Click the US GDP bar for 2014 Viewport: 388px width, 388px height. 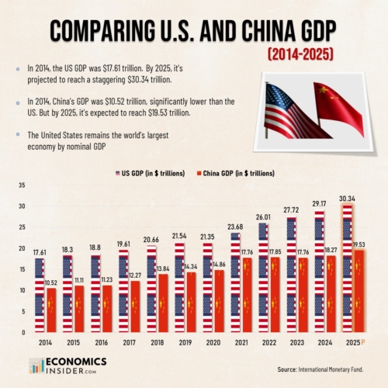tap(39, 295)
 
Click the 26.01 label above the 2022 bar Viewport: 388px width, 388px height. tap(263, 217)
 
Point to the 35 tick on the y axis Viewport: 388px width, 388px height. tap(21, 185)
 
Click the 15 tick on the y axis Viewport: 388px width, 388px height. tap(21, 269)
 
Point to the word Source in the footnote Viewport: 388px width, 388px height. tap(289, 369)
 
